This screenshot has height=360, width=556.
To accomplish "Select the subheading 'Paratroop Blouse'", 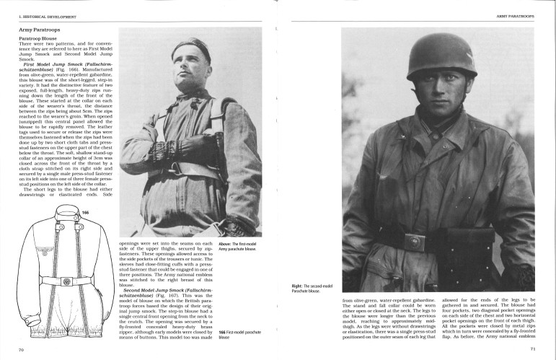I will click(40, 39).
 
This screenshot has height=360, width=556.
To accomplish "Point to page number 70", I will click(22, 349).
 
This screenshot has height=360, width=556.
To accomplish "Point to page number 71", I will click(533, 349).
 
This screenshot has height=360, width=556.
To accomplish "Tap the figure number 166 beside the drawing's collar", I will click(85, 214).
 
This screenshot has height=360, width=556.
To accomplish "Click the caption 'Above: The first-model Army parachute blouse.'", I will click(247, 246).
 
